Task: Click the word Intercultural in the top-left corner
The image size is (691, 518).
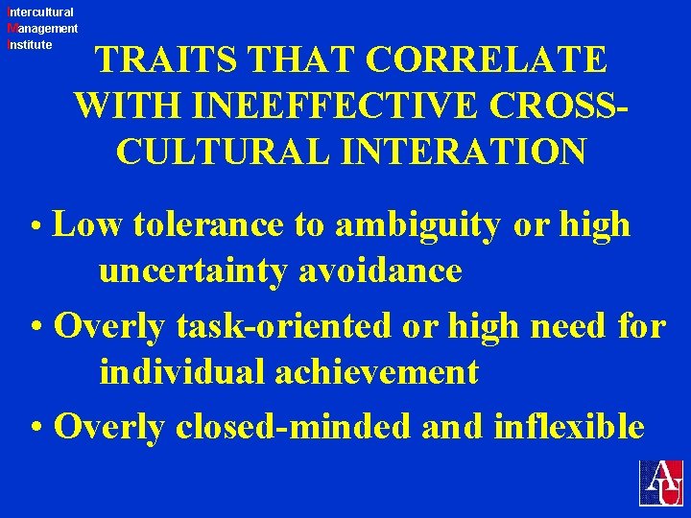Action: pos(40,12)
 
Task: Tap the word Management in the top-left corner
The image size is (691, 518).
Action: pos(42,29)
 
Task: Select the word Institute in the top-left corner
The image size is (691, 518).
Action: pos(30,44)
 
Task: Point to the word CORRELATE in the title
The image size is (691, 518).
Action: pos(486,60)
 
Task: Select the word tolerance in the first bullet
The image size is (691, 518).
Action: pos(208,225)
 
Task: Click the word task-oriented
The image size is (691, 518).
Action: pos(285,327)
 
